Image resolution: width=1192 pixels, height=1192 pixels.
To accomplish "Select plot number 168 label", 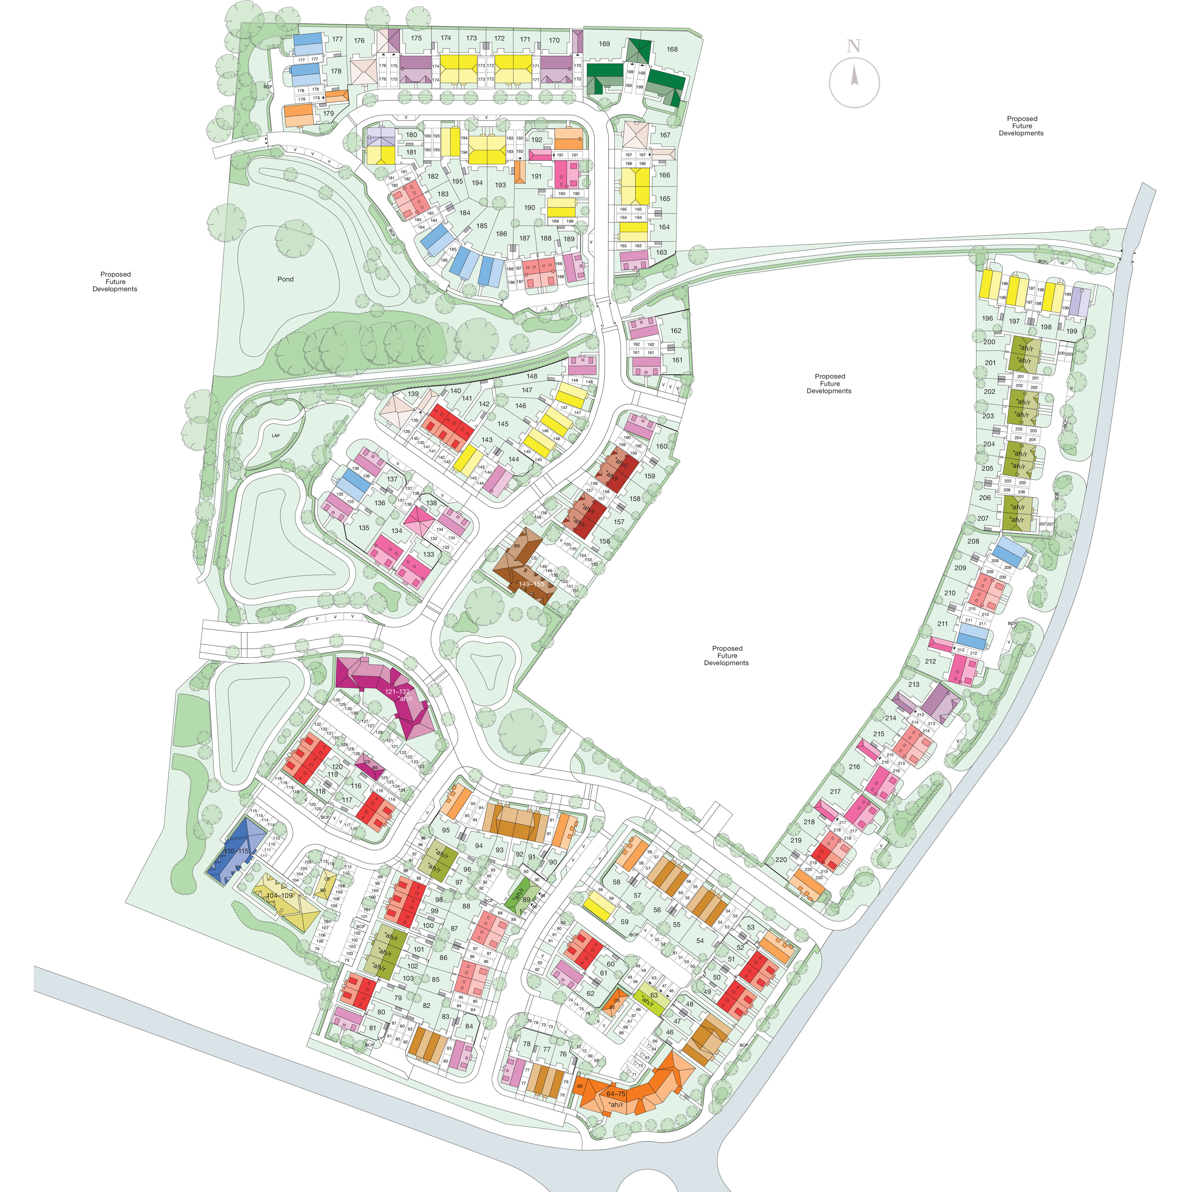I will [x=672, y=49].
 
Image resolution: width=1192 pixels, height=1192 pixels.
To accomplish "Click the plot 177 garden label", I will [x=337, y=39].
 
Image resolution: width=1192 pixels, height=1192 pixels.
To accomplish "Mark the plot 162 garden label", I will [x=676, y=331].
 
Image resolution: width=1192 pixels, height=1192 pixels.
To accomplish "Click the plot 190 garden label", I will [x=529, y=208].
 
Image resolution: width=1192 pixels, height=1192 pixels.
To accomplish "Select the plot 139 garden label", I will [x=413, y=394].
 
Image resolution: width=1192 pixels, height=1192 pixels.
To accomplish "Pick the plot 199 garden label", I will [x=1072, y=331].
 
